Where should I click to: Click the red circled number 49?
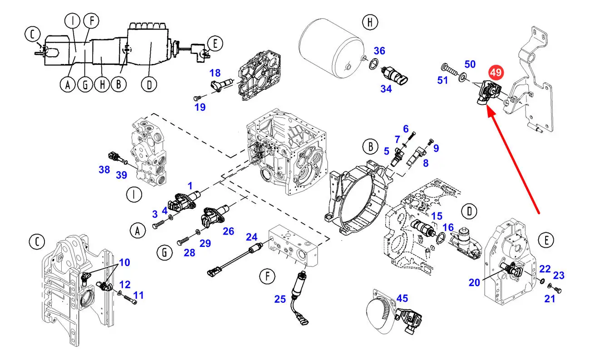[x=496, y=73]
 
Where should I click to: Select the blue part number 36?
[x=379, y=50]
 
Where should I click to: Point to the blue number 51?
[x=442, y=80]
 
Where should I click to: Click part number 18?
[x=215, y=73]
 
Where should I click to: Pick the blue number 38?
[x=104, y=169]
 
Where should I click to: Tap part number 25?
[x=280, y=299]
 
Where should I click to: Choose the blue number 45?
[x=402, y=298]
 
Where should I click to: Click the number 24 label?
[x=251, y=237]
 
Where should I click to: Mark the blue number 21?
[x=550, y=299]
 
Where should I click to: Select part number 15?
[x=437, y=216]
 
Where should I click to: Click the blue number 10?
[x=125, y=262]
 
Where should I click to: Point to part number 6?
[x=406, y=129]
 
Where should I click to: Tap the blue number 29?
[x=205, y=243]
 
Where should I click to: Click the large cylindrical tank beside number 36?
[x=332, y=48]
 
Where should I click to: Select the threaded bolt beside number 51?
[x=449, y=69]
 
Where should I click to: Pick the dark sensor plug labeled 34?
[x=394, y=75]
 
